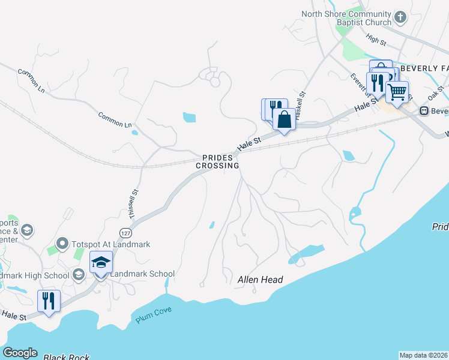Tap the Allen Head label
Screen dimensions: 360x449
[x=260, y=280]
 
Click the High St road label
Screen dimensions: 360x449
[x=376, y=40]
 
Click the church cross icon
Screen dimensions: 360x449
[x=401, y=16]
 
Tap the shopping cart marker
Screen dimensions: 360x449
[x=397, y=92]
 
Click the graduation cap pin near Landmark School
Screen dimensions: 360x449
[x=101, y=262]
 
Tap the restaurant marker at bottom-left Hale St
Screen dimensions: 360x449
[x=49, y=300]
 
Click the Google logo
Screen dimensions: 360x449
[x=20, y=353]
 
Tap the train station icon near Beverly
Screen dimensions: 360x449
[x=424, y=111]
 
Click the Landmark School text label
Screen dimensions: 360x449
[x=142, y=274]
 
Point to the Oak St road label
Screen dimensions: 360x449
[x=435, y=93]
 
